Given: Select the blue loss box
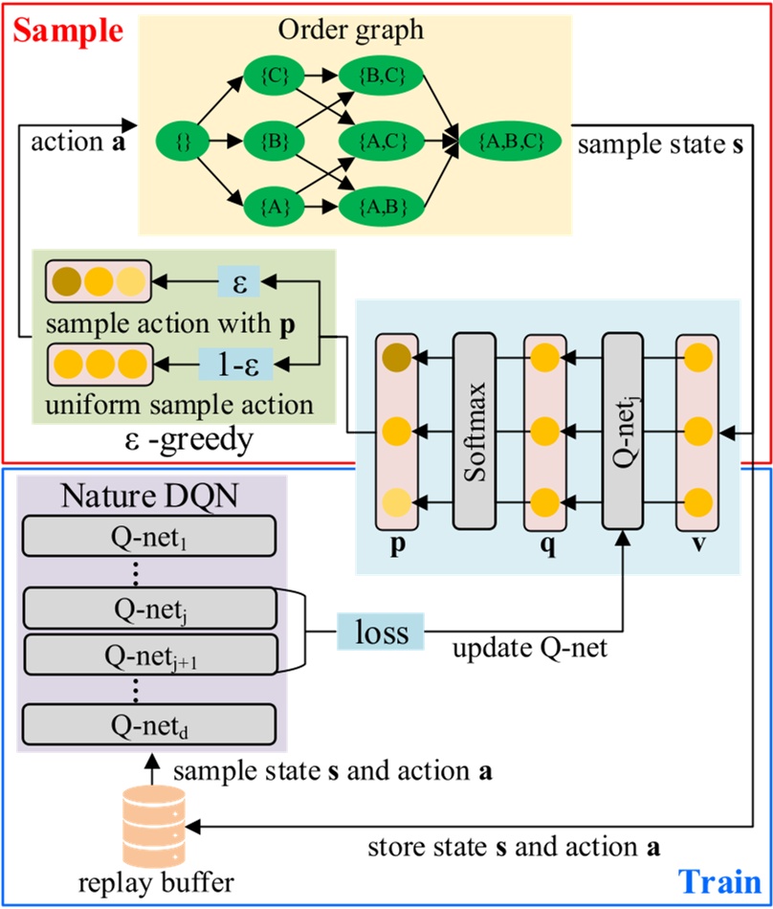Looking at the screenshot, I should tap(380, 633).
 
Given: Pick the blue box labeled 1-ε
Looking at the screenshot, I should tap(233, 365).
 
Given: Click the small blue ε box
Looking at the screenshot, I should tap(240, 281).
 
